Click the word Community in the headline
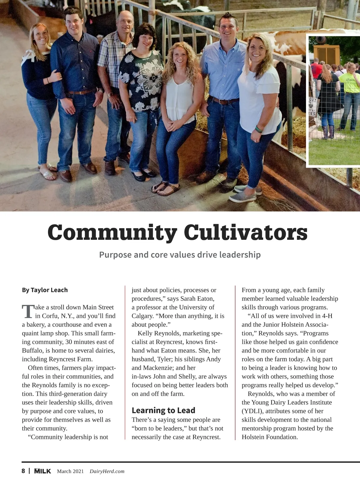pos(112,233)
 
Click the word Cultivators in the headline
pos(246,233)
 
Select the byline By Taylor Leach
pos(45,290)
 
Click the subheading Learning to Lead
pos(163,410)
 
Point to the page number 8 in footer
pos(23,471)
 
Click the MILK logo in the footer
pos(42,471)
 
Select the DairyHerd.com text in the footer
pos(107,471)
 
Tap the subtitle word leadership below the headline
pos(240,255)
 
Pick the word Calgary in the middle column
pos(142,316)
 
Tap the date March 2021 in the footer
pos(70,471)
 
